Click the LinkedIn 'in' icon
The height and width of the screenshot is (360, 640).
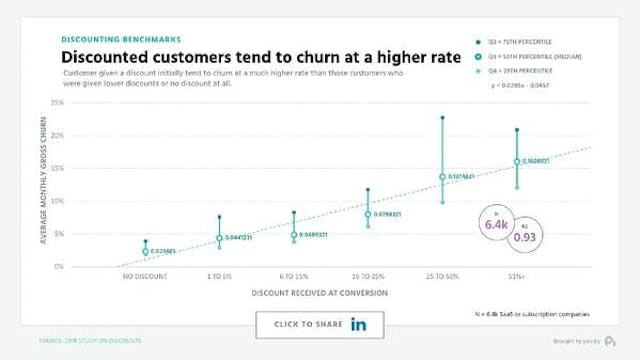(358, 325)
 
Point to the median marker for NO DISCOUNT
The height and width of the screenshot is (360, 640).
(146, 252)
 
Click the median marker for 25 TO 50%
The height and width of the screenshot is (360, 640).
(442, 177)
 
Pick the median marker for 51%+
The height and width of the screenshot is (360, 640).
(516, 161)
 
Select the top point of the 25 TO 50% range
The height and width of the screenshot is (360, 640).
(442, 118)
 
